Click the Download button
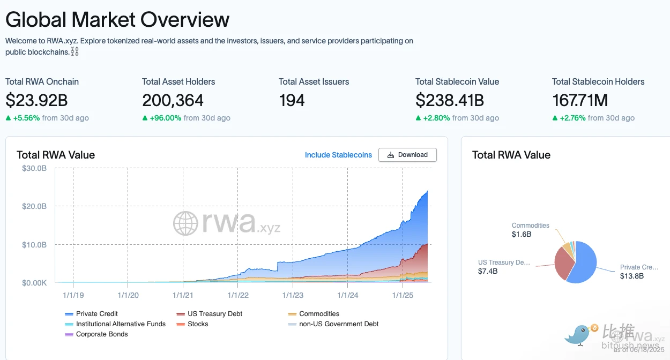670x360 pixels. (x=407, y=155)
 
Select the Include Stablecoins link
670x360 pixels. (x=338, y=155)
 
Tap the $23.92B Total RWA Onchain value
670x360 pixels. (x=36, y=100)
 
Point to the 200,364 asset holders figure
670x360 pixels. (x=173, y=100)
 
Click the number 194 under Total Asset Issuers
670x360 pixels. (x=292, y=100)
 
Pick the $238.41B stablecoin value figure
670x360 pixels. (x=450, y=100)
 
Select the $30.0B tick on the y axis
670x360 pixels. (x=34, y=169)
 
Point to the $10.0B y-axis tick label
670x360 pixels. (x=34, y=245)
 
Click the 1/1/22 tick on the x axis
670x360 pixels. (x=238, y=295)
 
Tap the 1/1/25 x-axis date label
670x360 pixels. (x=403, y=295)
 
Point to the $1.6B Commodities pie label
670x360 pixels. (x=522, y=234)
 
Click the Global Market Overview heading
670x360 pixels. (x=117, y=20)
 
